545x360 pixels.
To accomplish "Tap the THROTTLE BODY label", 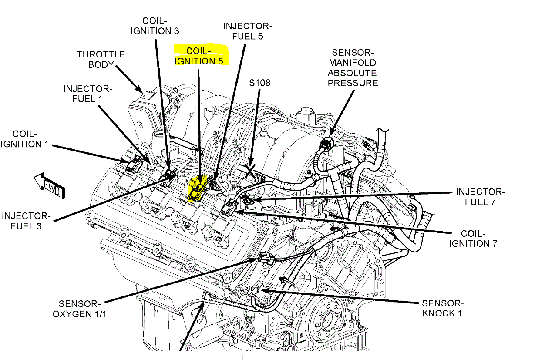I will (x=101, y=59).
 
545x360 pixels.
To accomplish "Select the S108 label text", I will (x=259, y=82).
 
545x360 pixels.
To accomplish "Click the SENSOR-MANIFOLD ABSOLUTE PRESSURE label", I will (x=353, y=68).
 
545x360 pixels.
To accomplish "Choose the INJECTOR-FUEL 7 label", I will (x=480, y=197).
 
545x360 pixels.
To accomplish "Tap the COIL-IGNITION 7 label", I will (x=473, y=239).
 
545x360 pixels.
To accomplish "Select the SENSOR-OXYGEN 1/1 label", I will (x=80, y=308).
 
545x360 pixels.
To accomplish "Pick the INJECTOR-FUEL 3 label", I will (x=26, y=221).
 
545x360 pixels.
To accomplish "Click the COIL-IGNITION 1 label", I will (x=24, y=138).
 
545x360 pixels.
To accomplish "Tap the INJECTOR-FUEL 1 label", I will (x=87, y=94).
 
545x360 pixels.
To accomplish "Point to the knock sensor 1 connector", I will (x=256, y=289).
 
